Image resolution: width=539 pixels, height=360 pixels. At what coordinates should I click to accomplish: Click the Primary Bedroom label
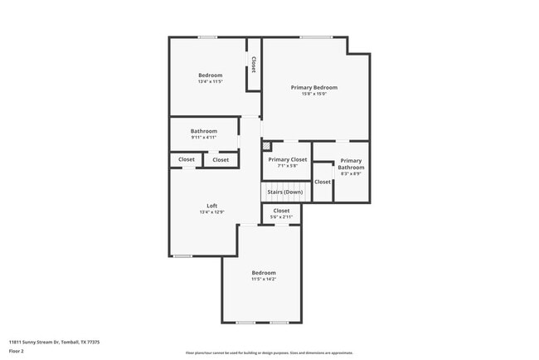point(313,87)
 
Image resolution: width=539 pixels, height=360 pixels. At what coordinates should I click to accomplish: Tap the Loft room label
point(211,206)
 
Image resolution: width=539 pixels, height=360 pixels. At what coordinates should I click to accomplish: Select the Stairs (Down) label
point(284,192)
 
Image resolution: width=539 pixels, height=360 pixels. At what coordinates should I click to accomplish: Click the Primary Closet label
point(287,159)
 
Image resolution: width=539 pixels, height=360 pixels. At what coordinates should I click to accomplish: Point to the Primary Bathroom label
point(351,164)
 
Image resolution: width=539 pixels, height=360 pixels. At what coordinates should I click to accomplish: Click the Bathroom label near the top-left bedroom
point(203,131)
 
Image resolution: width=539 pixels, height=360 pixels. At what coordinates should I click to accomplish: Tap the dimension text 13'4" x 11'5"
point(210,81)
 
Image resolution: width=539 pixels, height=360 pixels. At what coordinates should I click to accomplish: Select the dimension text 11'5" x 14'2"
point(264,279)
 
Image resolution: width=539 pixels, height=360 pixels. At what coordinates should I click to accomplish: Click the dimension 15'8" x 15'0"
point(313,94)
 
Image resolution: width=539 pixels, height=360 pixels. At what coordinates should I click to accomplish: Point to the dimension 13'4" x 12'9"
point(211,212)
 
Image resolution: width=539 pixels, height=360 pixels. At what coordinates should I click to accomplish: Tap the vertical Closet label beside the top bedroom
point(254,65)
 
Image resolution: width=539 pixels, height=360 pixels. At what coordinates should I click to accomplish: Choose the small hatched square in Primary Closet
point(266,146)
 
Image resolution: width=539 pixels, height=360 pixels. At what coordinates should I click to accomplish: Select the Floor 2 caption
point(17,351)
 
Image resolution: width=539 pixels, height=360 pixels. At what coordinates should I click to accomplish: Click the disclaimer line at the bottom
point(269,353)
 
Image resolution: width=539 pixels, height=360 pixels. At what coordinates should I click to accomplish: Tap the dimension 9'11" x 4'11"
point(203,138)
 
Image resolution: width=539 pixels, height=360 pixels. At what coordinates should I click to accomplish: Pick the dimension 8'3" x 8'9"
point(351,173)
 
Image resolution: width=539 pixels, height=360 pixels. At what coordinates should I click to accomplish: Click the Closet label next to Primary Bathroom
point(323,182)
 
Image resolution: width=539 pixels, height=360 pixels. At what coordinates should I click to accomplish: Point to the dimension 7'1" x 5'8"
point(287,166)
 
